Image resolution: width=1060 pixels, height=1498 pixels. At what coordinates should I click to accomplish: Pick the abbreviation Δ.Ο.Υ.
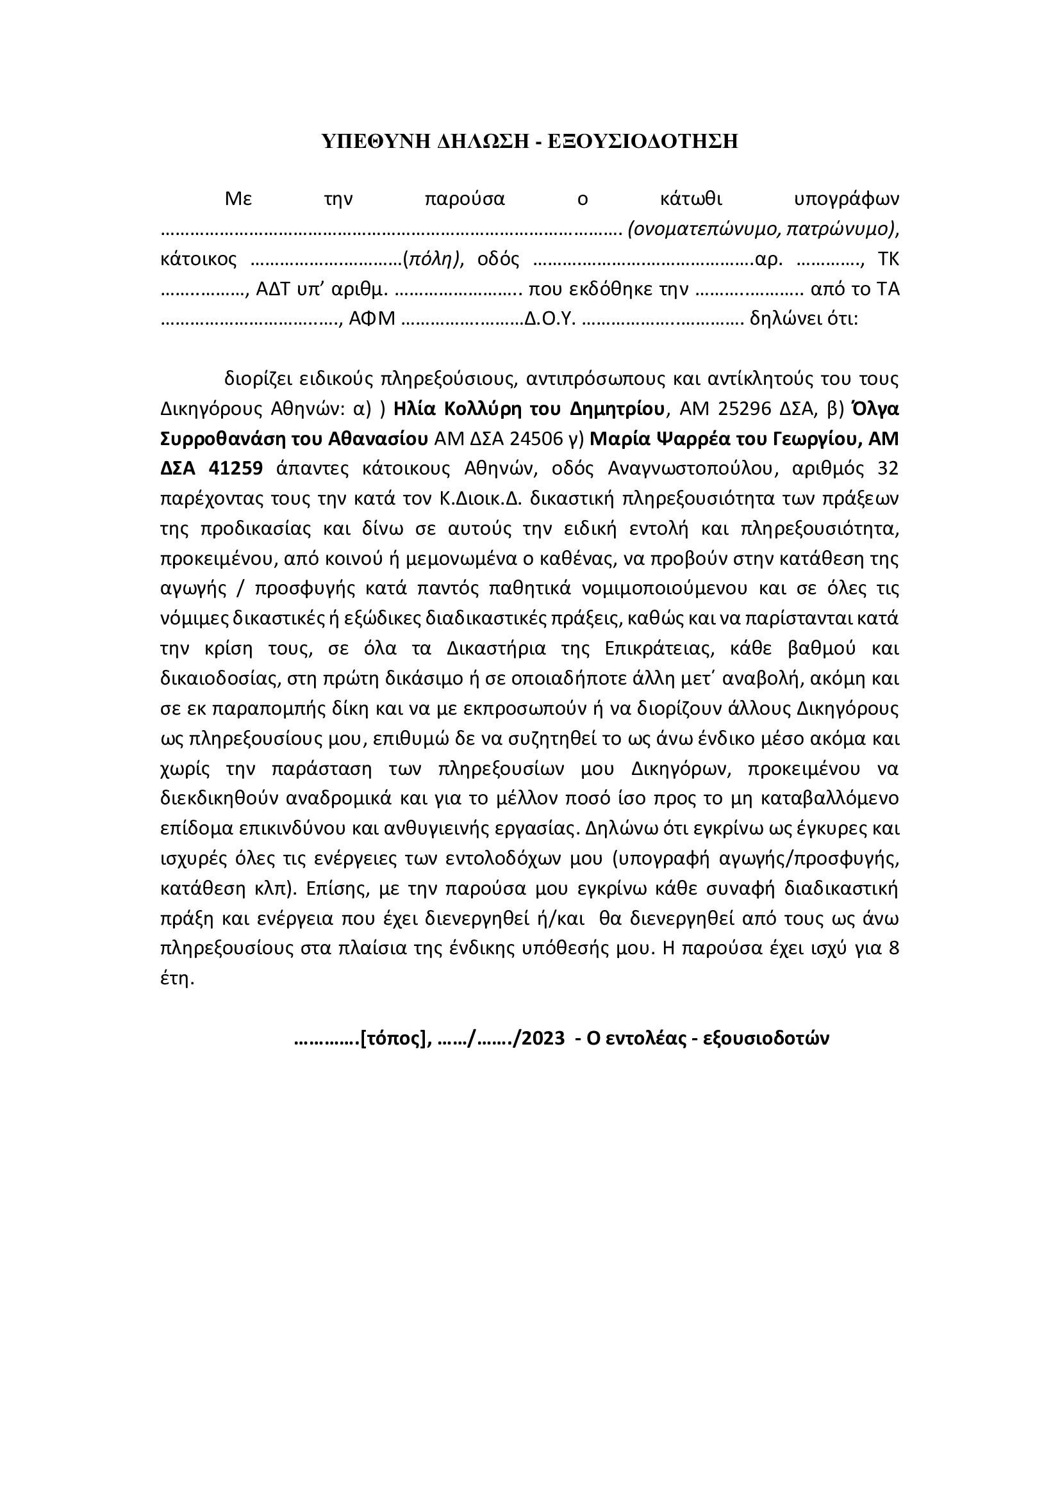click(x=551, y=319)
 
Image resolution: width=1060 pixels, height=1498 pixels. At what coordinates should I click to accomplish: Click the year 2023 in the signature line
click(x=543, y=1038)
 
